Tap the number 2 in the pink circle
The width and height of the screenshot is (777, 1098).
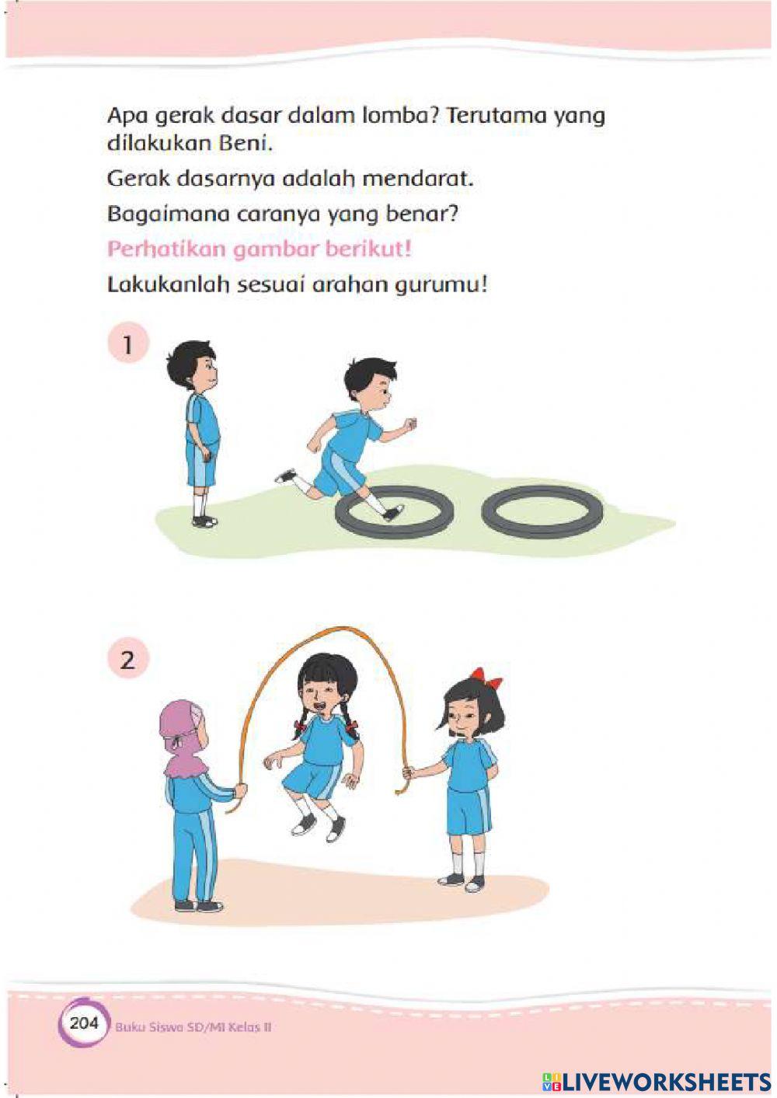127,661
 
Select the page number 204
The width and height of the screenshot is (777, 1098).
84,1023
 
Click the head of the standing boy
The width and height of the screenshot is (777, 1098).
192,366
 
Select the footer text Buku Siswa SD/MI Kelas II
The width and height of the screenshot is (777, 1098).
193,1027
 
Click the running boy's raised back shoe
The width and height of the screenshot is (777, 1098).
285,476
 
